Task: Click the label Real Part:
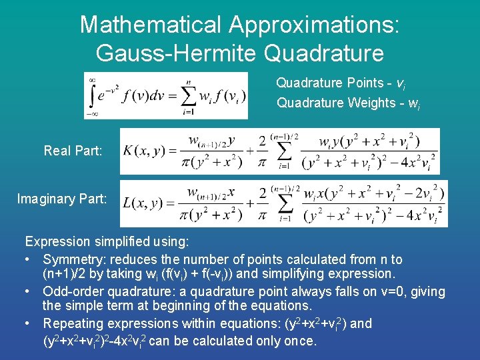tap(73, 151)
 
